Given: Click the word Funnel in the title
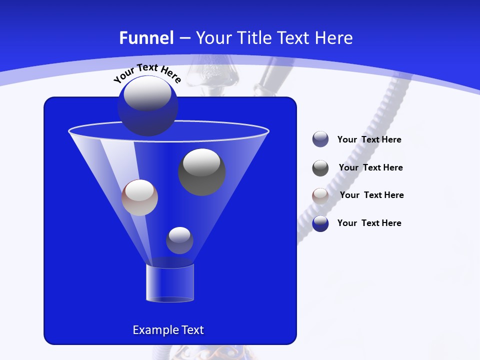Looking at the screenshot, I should click(x=146, y=38).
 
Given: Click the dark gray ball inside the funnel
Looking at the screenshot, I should click(x=202, y=172).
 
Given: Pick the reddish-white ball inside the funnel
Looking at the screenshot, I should click(x=139, y=197).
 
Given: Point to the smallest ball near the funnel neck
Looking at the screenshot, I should click(x=179, y=240).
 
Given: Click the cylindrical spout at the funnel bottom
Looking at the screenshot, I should click(x=169, y=283).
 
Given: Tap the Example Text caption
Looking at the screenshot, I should click(x=168, y=330).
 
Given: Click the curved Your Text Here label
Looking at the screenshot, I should click(x=147, y=73).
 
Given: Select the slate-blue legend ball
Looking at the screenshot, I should click(x=320, y=139).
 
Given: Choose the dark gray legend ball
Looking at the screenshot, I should click(x=320, y=168).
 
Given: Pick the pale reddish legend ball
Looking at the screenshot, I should click(x=320, y=195).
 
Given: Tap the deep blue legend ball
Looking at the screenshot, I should click(x=320, y=223).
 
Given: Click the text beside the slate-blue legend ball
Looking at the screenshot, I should click(x=369, y=140).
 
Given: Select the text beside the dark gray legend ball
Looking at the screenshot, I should click(x=370, y=168).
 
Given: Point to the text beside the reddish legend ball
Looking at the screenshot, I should click(x=371, y=195).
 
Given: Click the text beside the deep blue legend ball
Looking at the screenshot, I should click(x=369, y=223).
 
